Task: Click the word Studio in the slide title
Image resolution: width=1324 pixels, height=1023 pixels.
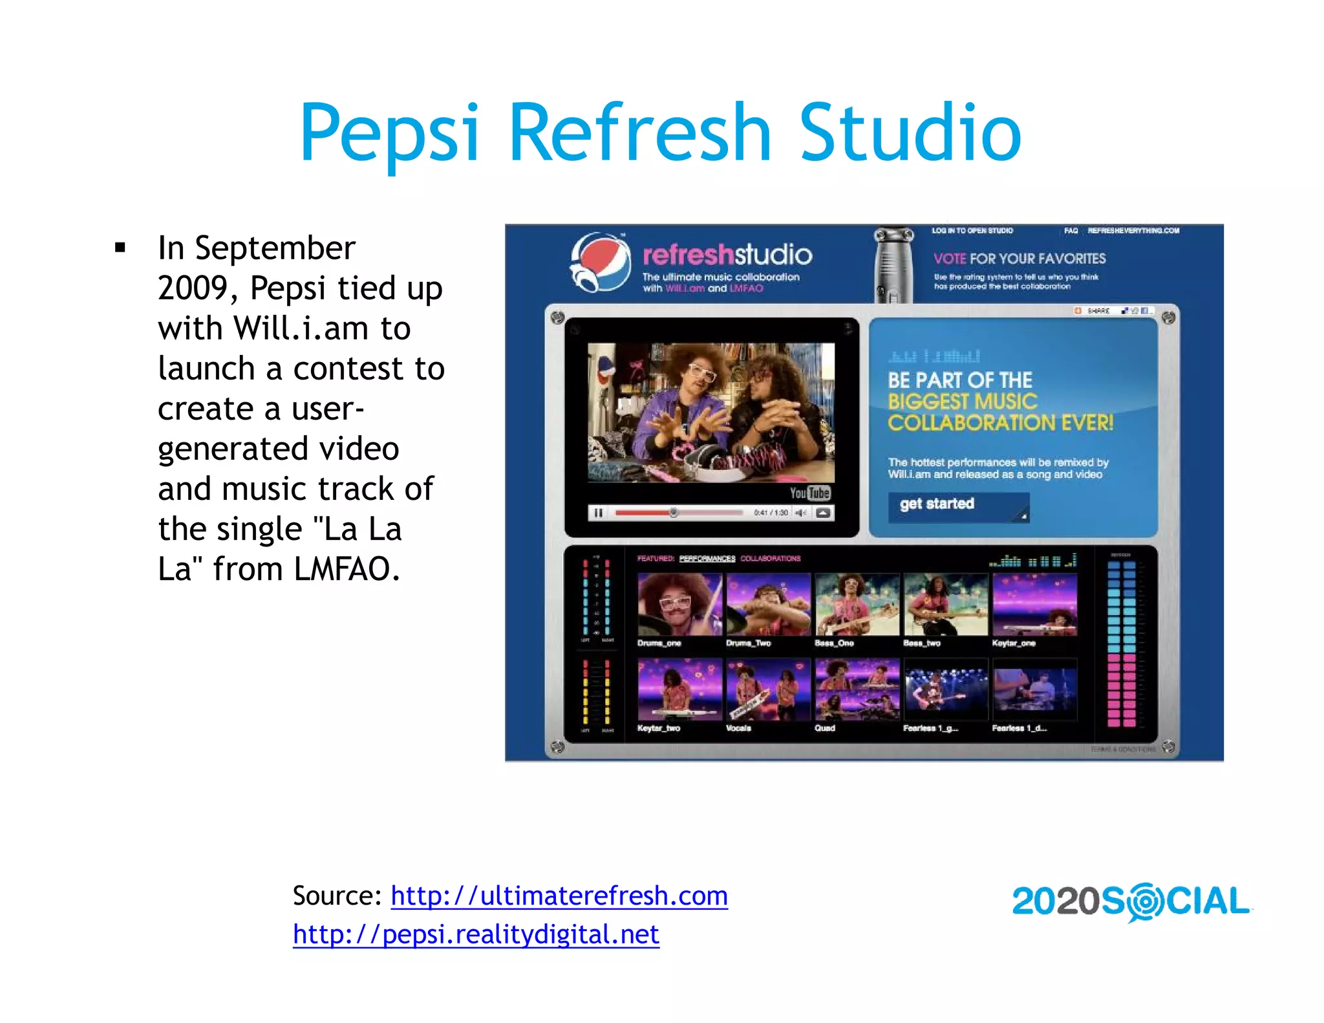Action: pyautogui.click(x=910, y=133)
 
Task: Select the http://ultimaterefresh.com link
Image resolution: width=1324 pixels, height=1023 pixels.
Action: pyautogui.click(x=559, y=896)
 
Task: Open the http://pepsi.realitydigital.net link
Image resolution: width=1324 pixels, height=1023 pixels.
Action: pyautogui.click(x=476, y=934)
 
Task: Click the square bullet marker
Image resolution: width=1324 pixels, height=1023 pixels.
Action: pyautogui.click(x=120, y=248)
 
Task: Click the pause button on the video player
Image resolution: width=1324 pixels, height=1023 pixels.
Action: pyautogui.click(x=598, y=513)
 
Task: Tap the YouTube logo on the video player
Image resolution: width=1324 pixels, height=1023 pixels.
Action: pyautogui.click(x=809, y=493)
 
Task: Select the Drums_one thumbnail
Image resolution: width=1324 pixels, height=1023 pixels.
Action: pyautogui.click(x=679, y=604)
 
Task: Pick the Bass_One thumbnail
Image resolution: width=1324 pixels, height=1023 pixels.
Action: pyautogui.click(x=857, y=604)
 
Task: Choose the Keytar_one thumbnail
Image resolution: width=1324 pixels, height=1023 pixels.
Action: pyautogui.click(x=1034, y=604)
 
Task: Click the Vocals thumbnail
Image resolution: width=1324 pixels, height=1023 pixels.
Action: pyautogui.click(x=768, y=689)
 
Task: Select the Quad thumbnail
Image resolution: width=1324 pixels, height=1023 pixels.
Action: pyautogui.click(x=857, y=689)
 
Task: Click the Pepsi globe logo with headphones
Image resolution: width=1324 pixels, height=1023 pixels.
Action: pyautogui.click(x=599, y=263)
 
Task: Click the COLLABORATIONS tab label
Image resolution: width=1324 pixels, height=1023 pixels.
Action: pyautogui.click(x=770, y=558)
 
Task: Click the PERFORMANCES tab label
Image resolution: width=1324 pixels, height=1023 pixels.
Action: pyautogui.click(x=707, y=558)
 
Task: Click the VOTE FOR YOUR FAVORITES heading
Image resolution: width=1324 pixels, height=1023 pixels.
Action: pyautogui.click(x=1019, y=259)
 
